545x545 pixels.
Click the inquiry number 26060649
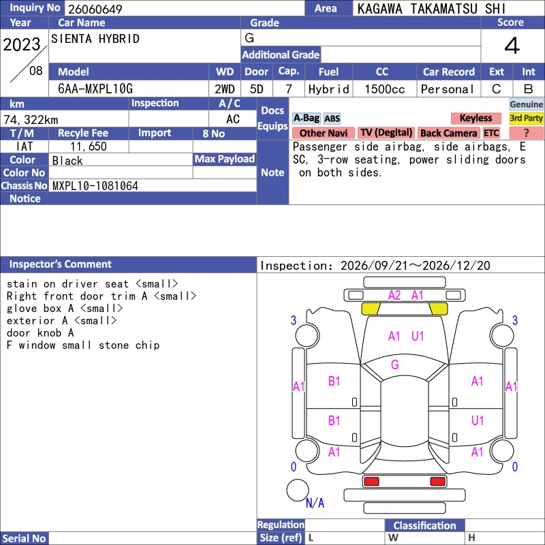click(x=95, y=9)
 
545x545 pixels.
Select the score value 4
click(x=512, y=46)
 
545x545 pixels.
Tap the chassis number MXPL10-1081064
click(x=95, y=186)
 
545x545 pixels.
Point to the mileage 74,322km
click(x=31, y=120)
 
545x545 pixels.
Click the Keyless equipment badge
click(x=476, y=118)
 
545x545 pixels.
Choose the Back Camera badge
click(x=448, y=133)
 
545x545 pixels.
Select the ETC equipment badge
click(x=491, y=133)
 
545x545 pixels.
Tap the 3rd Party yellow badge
click(x=526, y=118)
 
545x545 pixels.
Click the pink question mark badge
click(x=526, y=133)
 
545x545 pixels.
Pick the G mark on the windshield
click(x=395, y=364)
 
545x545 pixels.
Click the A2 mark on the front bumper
click(x=394, y=296)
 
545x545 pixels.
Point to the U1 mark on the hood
click(x=418, y=336)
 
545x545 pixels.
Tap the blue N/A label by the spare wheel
click(x=315, y=503)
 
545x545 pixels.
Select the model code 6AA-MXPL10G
click(x=95, y=89)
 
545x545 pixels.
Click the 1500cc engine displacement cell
click(x=385, y=89)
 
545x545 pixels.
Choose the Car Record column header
click(x=449, y=72)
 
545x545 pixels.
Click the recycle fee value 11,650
click(x=89, y=146)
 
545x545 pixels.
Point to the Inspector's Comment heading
click(x=60, y=264)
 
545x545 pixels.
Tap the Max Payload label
click(x=225, y=159)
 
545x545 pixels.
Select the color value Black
click(x=67, y=161)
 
